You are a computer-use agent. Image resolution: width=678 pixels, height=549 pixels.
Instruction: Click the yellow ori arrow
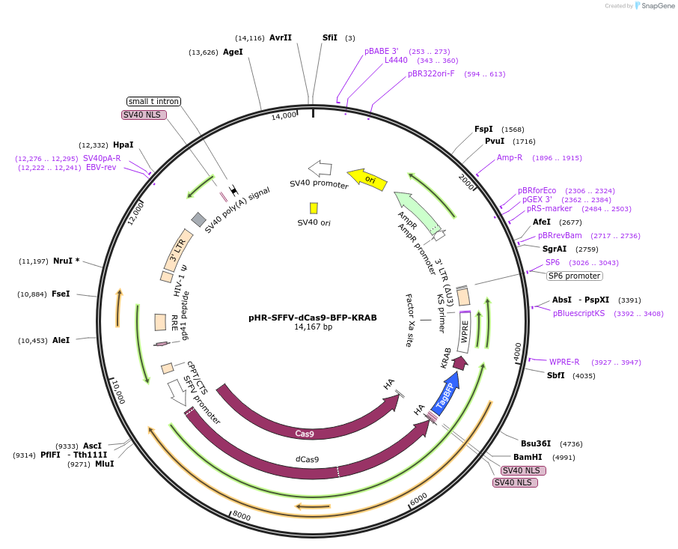[367, 179]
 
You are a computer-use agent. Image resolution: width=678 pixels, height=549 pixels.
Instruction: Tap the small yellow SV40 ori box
[314, 207]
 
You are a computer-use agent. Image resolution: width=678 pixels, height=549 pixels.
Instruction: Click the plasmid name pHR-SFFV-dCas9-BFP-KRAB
[313, 318]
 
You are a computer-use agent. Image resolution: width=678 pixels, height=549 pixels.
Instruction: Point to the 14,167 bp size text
[313, 327]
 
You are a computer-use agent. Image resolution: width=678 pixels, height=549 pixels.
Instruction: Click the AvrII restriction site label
[281, 37]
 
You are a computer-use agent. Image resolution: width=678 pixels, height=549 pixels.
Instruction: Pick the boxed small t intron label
[154, 101]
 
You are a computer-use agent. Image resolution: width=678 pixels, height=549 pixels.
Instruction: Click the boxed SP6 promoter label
[575, 276]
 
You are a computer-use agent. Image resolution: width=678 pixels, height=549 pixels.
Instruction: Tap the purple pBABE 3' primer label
[382, 51]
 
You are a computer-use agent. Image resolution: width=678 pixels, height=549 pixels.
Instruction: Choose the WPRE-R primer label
[564, 362]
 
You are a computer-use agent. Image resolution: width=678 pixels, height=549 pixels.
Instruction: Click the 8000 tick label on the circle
[241, 515]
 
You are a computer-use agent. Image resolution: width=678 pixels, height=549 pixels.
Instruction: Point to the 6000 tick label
[419, 498]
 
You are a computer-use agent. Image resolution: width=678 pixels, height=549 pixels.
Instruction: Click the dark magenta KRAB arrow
[460, 363]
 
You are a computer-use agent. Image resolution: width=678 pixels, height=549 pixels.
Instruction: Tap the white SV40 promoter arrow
[320, 168]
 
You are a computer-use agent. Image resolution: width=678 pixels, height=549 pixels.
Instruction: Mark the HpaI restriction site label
[123, 145]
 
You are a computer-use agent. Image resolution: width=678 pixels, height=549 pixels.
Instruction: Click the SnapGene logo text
[656, 6]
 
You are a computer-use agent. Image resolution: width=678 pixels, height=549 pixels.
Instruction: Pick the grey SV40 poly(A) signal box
[198, 219]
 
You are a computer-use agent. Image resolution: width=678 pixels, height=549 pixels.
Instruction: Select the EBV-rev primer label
[101, 168]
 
